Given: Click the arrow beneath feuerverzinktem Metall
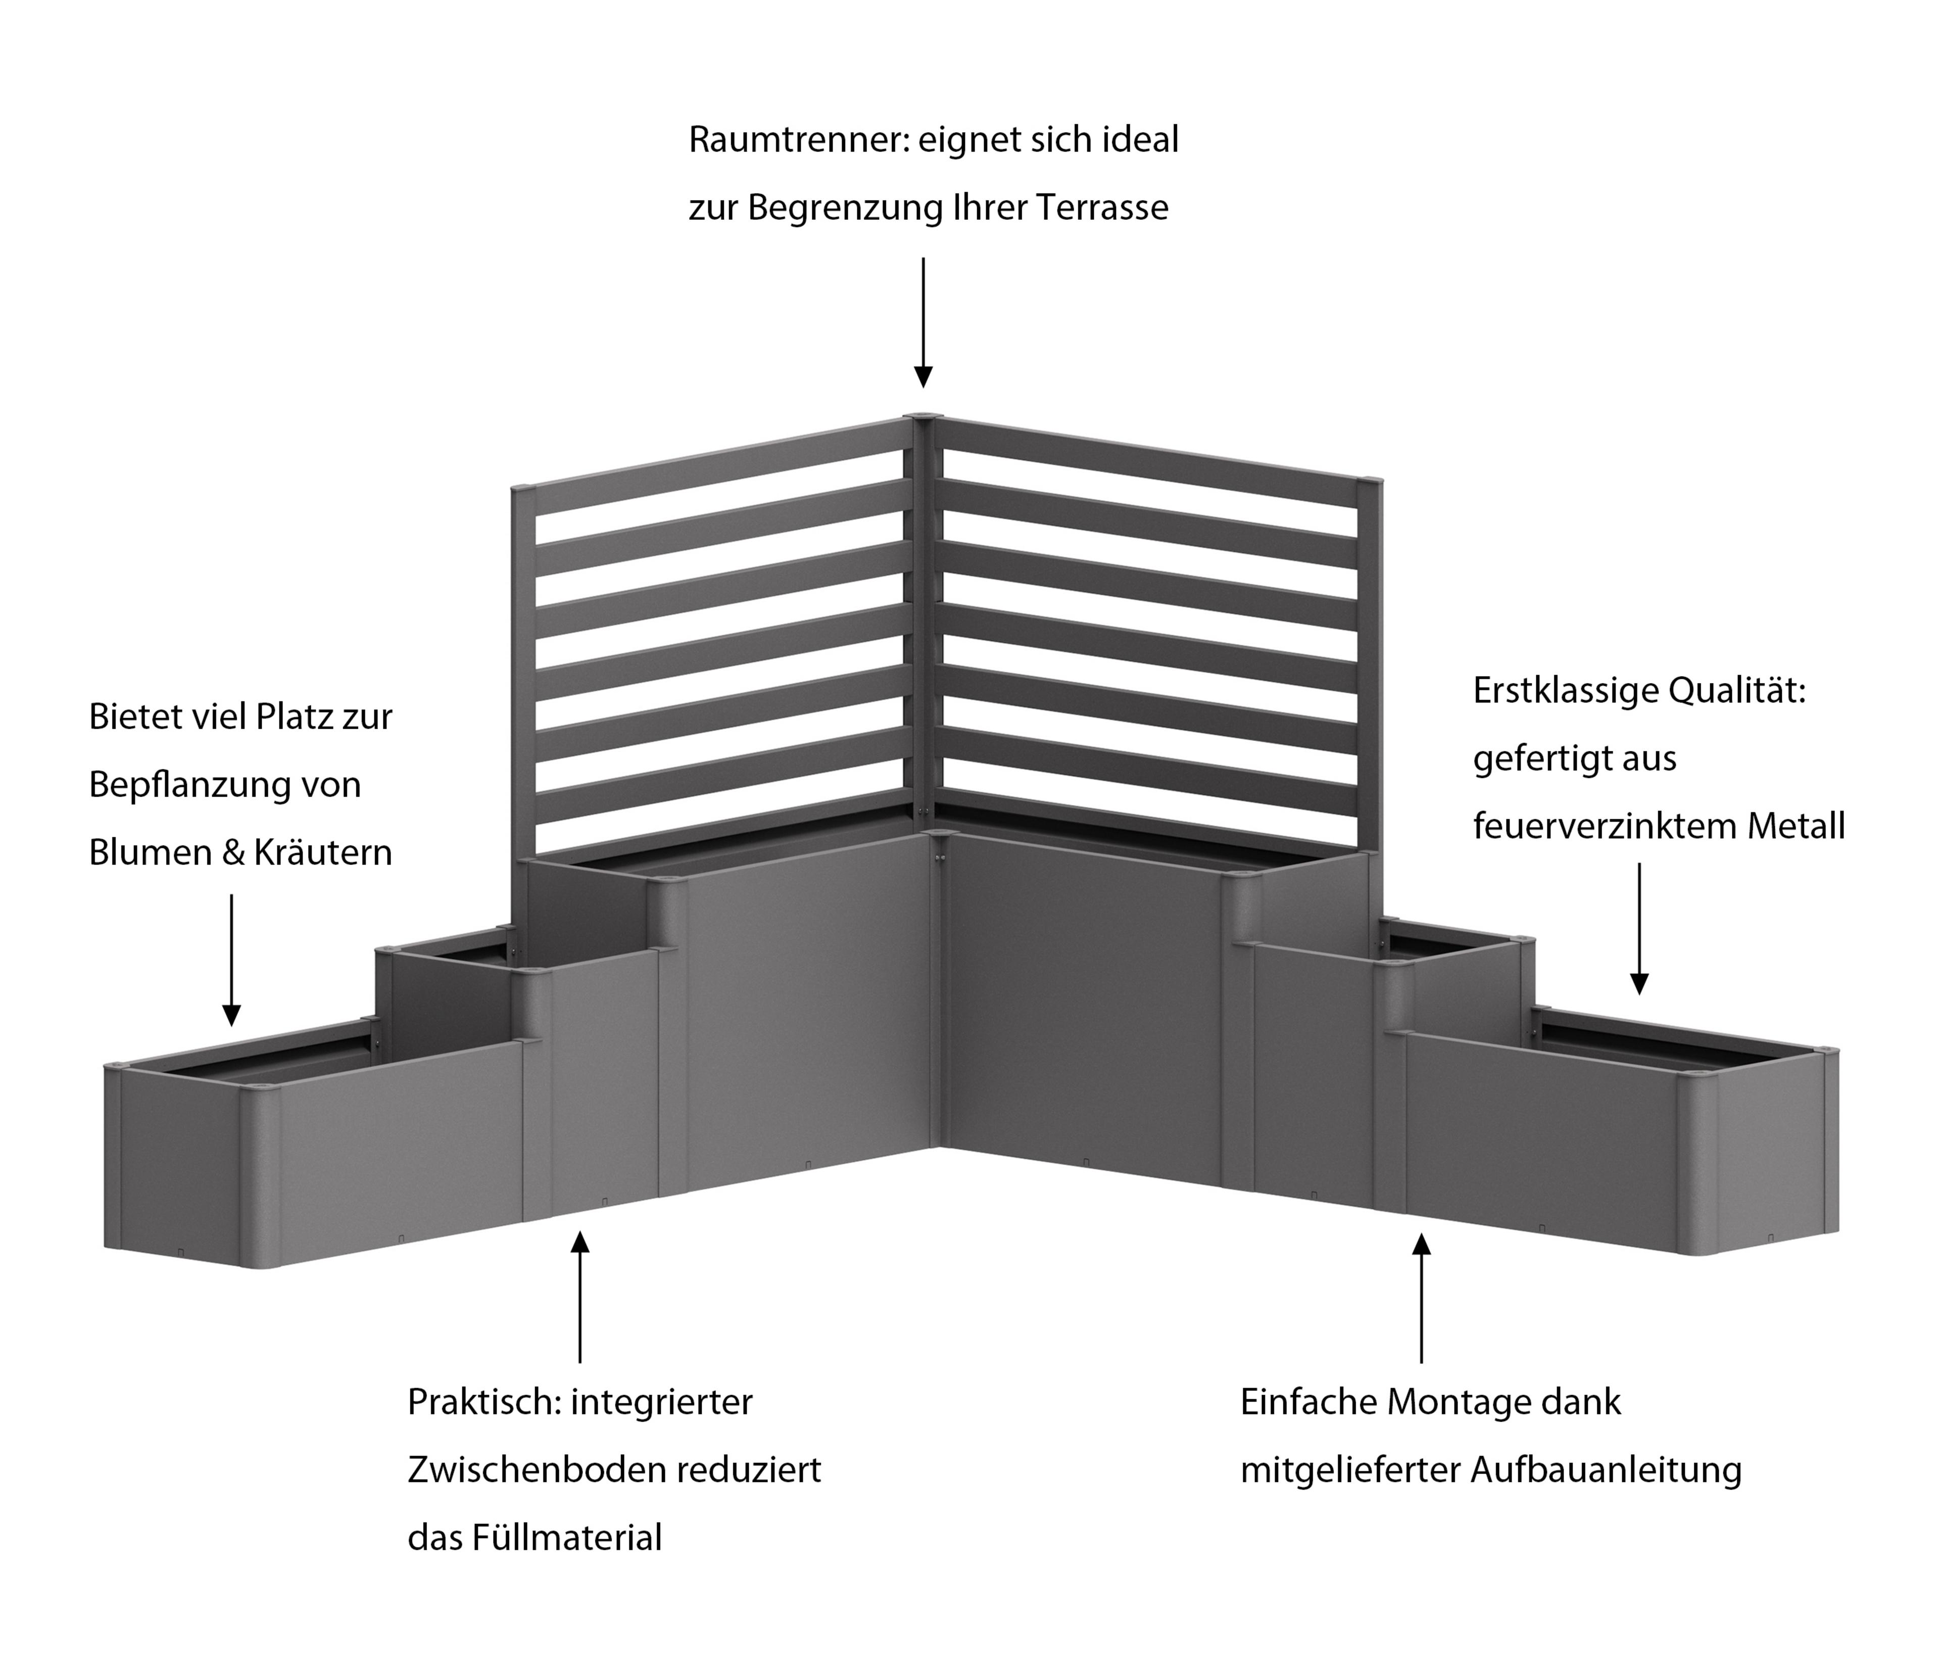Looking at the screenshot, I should [x=1638, y=928].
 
